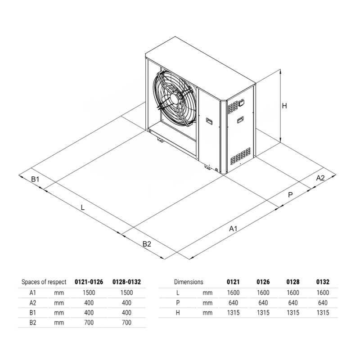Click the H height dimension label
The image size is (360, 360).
tap(284, 106)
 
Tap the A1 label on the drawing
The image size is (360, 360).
tap(233, 229)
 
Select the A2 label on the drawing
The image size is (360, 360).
tap(320, 178)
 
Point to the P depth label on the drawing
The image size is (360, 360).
tap(290, 195)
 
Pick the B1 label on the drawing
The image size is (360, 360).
tap(36, 179)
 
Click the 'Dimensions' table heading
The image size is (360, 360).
tap(189, 282)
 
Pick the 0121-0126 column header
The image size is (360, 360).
tap(88, 282)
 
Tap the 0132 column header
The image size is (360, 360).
tap(323, 282)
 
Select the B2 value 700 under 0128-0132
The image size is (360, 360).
tap(126, 322)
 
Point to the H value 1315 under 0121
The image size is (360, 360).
tap(233, 312)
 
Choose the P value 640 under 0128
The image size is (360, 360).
tap(293, 302)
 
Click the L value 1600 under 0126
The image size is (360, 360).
tap(263, 292)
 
